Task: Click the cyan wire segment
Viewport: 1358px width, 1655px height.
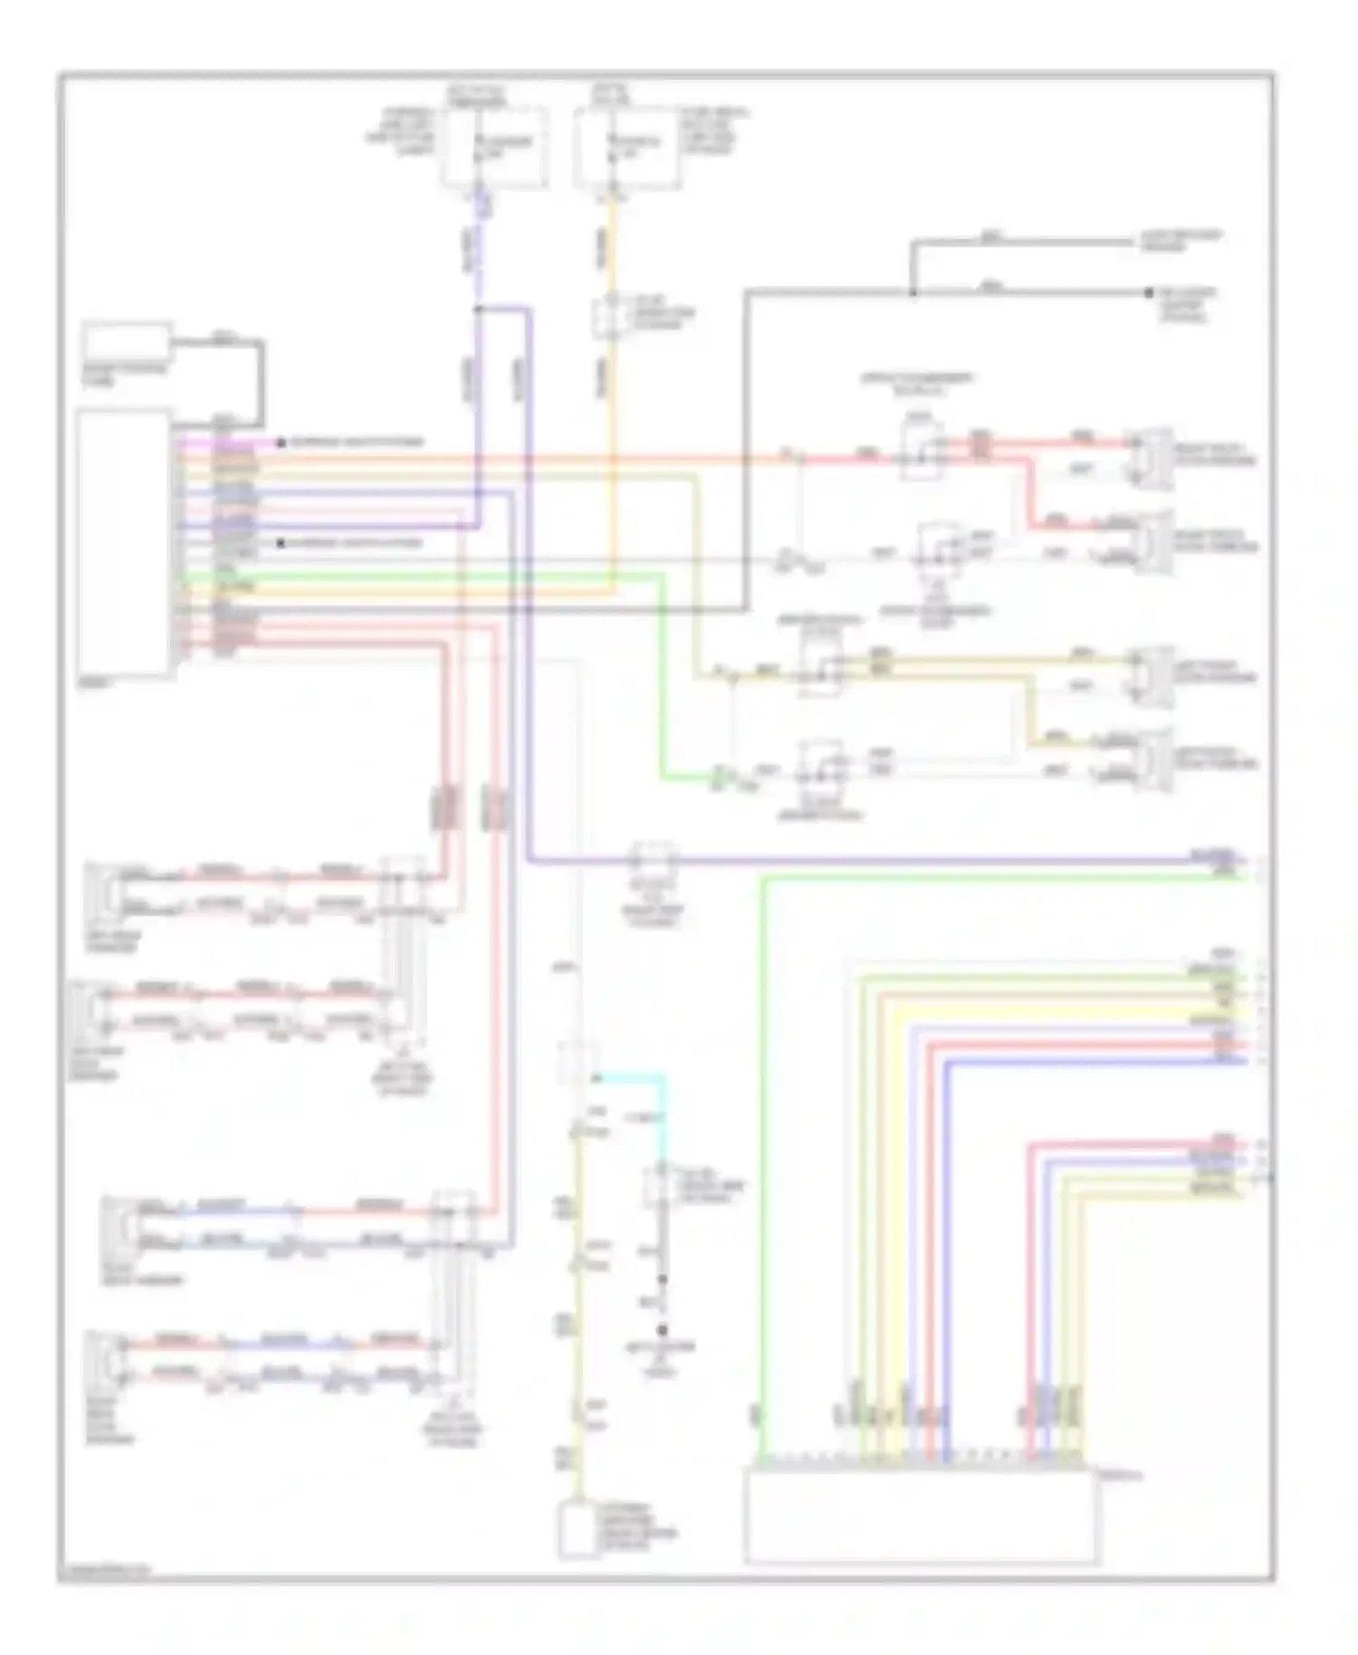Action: coord(634,1077)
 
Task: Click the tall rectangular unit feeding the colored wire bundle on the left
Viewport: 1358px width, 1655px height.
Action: coord(124,543)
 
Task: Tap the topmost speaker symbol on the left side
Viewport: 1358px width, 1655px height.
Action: coord(101,889)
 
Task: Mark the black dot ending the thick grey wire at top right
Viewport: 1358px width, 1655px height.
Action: coord(1148,292)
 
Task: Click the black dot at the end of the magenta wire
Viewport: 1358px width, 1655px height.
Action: coord(282,443)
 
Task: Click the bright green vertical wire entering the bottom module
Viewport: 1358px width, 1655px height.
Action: coord(763,1177)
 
